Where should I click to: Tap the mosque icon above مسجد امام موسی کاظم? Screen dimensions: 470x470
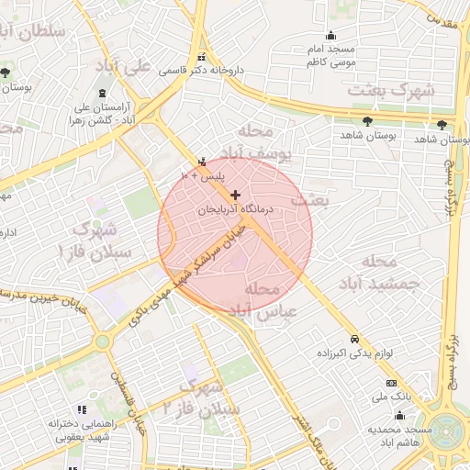pyautogui.click(x=331, y=36)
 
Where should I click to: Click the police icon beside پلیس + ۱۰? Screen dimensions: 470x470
pyautogui.click(x=202, y=162)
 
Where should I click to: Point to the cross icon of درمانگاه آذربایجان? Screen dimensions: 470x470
pyautogui.click(x=236, y=195)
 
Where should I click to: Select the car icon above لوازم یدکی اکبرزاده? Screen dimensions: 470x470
pyautogui.click(x=354, y=337)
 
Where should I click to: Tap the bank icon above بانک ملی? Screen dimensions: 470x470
pyautogui.click(x=392, y=382)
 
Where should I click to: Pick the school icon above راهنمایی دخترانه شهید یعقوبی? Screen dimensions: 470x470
pyautogui.click(x=83, y=409)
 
